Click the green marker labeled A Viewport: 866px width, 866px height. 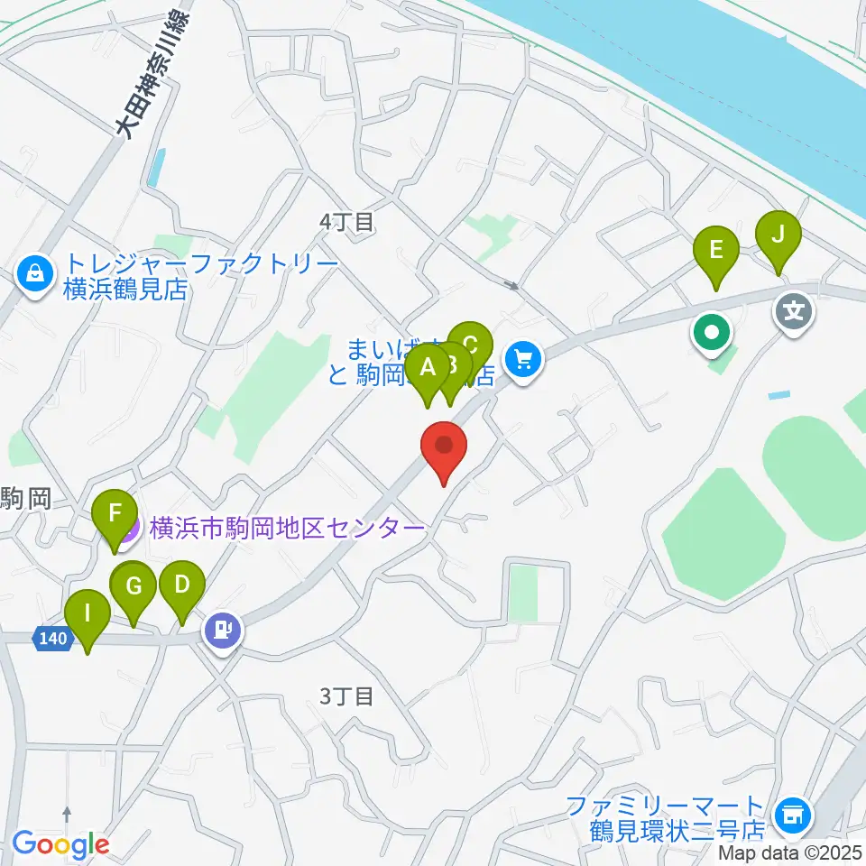427,367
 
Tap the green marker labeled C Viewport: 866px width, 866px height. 470,345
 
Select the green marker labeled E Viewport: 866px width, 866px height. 716,250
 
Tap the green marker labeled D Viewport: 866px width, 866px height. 181,585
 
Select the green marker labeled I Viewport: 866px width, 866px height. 88,614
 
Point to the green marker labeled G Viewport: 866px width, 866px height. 134,587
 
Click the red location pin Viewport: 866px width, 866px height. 444,445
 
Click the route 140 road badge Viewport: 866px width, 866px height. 53,639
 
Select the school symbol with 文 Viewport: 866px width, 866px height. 794,313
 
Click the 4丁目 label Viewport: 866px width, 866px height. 346,222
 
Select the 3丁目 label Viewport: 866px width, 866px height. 346,696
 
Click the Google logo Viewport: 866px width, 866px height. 60,844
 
